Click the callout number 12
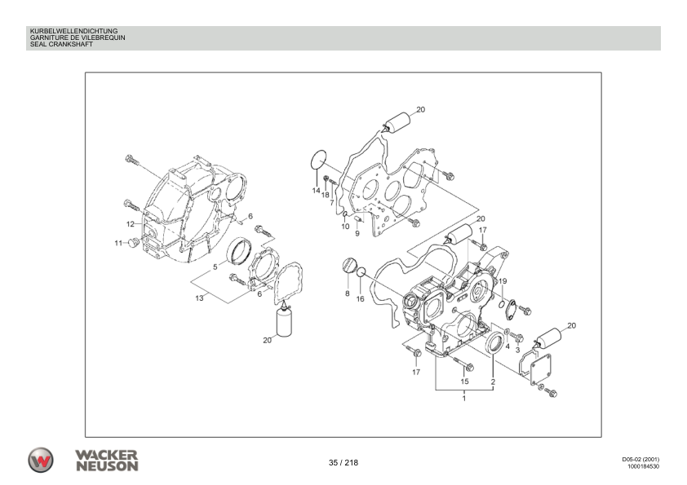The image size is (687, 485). (x=130, y=223)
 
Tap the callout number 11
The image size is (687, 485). (x=118, y=243)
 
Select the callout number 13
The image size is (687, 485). (x=199, y=298)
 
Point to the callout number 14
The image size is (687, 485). (x=316, y=190)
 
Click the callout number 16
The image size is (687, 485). (x=360, y=299)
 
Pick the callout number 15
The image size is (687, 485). (x=465, y=381)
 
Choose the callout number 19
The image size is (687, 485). (x=503, y=280)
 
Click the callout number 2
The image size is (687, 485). (x=493, y=381)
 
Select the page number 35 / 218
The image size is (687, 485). (x=343, y=463)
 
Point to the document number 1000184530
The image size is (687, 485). (x=642, y=468)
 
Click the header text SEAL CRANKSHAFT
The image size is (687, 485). (x=60, y=44)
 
